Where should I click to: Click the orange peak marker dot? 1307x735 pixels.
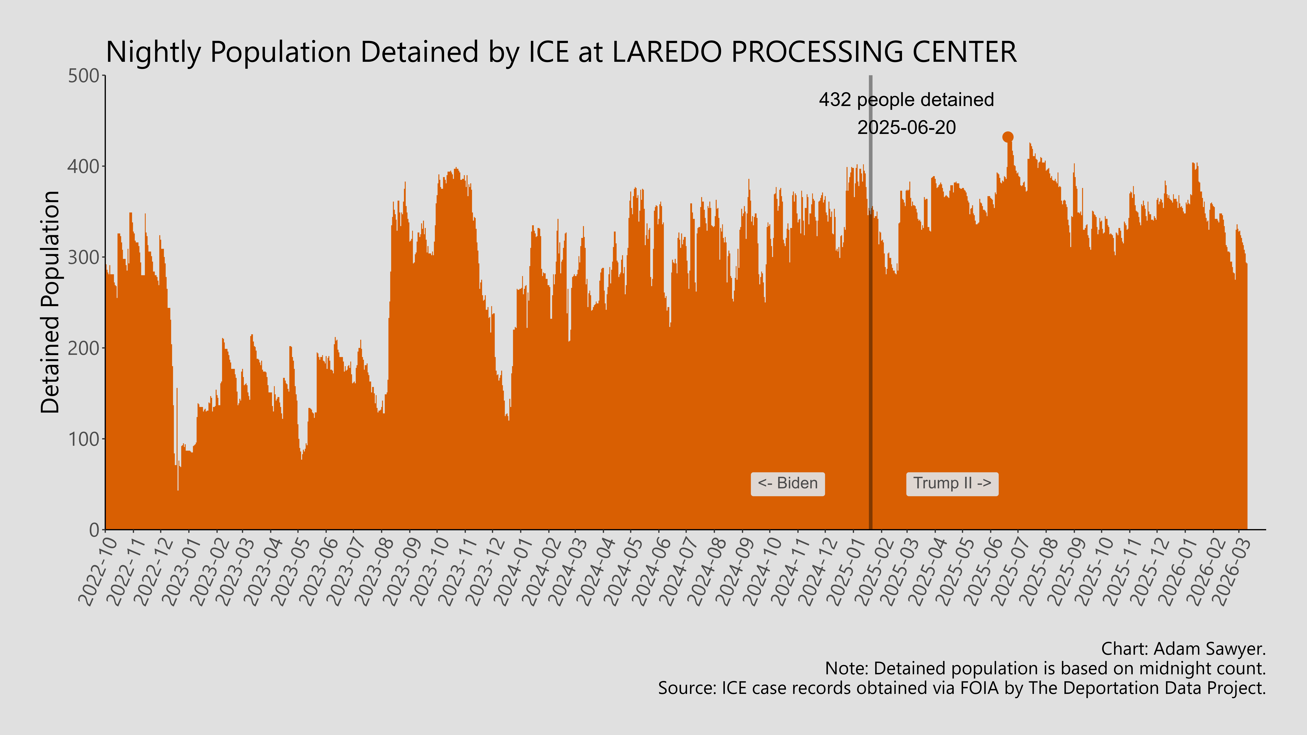point(1008,137)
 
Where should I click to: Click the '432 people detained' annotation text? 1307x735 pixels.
point(906,100)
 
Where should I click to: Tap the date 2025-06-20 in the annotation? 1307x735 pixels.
point(906,127)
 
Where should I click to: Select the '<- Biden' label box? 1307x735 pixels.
point(787,483)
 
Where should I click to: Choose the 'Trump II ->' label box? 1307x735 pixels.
point(952,483)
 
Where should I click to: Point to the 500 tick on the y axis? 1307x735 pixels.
point(84,76)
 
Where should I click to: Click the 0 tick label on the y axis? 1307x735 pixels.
point(94,530)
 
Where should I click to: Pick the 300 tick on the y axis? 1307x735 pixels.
point(84,257)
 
